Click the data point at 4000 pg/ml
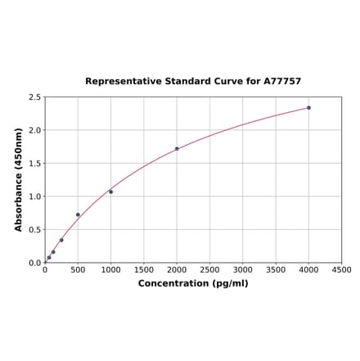308,107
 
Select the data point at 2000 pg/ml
177,149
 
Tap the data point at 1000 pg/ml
111,192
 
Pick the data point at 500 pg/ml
78,214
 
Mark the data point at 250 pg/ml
61,240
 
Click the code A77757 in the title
282,82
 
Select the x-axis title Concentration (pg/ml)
193,284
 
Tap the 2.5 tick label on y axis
35,97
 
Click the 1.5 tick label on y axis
35,164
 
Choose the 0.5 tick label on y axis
35,230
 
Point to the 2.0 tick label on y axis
35,130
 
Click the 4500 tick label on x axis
341,270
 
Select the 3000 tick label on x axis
243,270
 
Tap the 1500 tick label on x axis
144,270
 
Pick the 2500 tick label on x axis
209,270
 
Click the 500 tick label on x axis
78,270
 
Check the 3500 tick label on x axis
276,270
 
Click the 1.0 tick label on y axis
35,196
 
